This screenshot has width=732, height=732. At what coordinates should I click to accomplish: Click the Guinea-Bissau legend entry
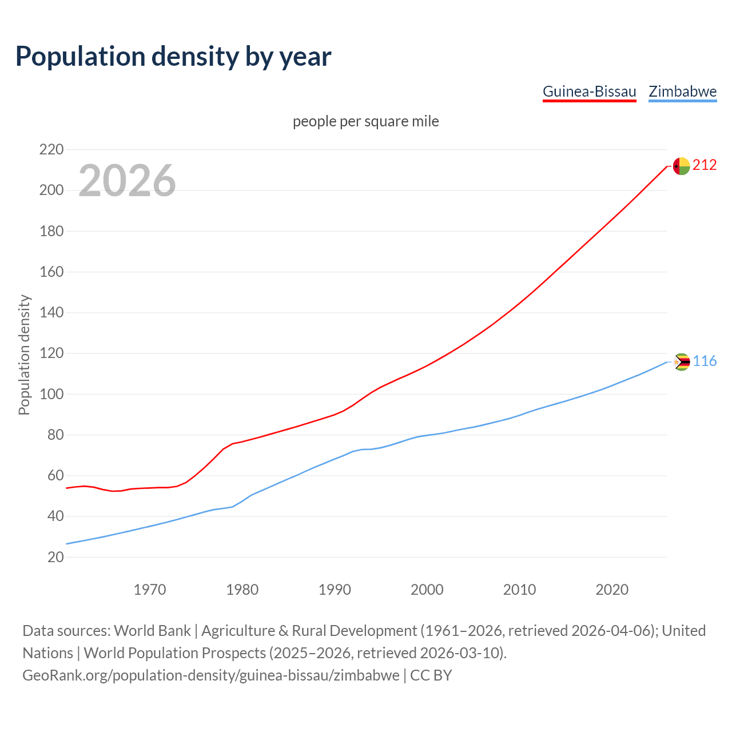[x=589, y=91]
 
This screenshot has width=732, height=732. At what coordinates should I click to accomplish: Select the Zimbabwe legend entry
[x=682, y=91]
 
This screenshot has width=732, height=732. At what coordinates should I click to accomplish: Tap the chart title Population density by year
[x=173, y=56]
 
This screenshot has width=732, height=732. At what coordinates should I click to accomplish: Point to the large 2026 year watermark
[x=127, y=181]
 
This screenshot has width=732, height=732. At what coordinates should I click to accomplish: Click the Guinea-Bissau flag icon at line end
[x=681, y=166]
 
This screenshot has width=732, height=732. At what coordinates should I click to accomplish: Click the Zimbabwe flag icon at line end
[x=682, y=362]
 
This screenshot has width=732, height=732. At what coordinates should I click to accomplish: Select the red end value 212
[x=705, y=165]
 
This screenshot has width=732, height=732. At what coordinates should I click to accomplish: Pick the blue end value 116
[x=705, y=361]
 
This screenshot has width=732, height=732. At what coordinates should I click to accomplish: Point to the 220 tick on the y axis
[x=51, y=150]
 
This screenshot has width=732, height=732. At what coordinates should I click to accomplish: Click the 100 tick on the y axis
[x=51, y=395]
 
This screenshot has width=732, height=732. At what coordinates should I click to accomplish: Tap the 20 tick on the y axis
[x=55, y=557]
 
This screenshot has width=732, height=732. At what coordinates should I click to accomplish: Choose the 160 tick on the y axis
[x=51, y=272]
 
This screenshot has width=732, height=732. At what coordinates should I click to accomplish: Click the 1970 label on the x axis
[x=150, y=590]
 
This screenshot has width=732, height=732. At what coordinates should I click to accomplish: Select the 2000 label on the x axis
[x=427, y=590]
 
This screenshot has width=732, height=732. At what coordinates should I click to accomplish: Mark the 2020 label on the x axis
[x=612, y=590]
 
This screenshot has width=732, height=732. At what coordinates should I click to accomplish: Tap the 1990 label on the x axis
[x=335, y=590]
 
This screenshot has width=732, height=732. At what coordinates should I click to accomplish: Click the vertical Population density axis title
[x=24, y=355]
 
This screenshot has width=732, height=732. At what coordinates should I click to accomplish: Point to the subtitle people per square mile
[x=366, y=122]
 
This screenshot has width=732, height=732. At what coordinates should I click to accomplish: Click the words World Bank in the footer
[x=152, y=631]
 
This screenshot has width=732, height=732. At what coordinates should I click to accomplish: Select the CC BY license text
[x=431, y=675]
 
